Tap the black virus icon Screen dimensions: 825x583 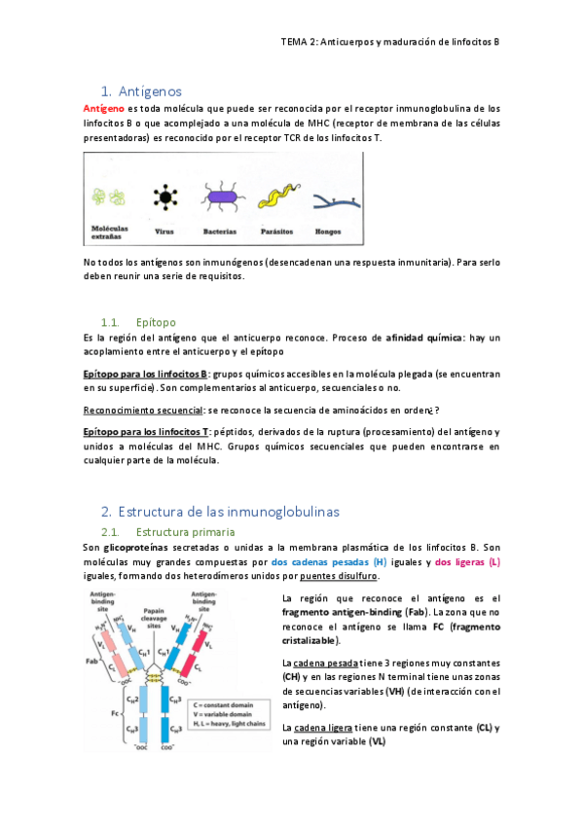tap(165, 197)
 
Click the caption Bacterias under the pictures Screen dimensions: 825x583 tap(220, 233)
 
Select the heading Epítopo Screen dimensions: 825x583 tap(157, 321)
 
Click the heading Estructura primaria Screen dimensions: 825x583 tap(185, 532)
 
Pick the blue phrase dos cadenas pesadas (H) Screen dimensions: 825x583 tap(329, 562)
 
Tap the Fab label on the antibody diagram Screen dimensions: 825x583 tap(92, 663)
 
